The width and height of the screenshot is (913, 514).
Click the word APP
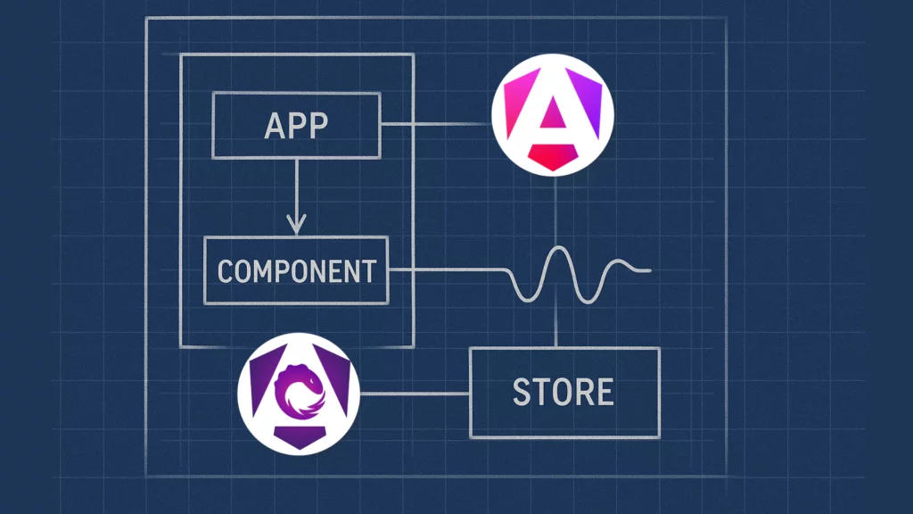tap(296, 126)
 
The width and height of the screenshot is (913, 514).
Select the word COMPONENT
tap(296, 270)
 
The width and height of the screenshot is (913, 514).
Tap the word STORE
tap(563, 393)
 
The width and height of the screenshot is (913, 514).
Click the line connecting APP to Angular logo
tap(437, 125)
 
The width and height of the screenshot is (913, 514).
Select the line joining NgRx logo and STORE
tap(415, 394)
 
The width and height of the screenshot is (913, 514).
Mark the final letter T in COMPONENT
tap(367, 270)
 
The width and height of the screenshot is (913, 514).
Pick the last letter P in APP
tap(317, 126)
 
